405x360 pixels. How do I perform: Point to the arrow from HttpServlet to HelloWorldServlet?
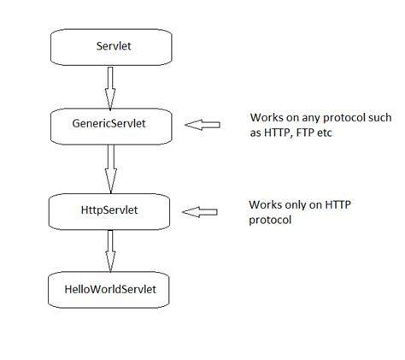[x=109, y=250]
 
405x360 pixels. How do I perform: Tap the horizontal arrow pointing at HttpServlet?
[x=202, y=209]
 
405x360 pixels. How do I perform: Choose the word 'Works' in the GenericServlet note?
[x=266, y=117]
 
